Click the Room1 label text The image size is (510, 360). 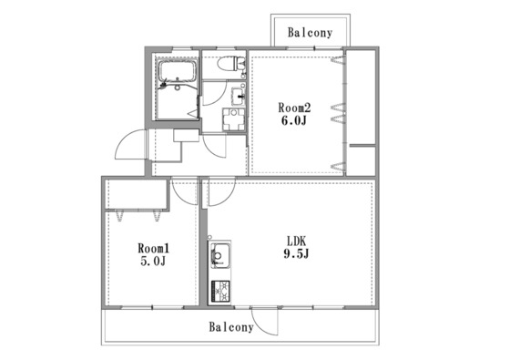click(x=154, y=249)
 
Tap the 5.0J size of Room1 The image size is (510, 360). click(x=153, y=261)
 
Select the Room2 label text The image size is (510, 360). click(x=294, y=108)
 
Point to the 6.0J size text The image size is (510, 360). click(x=293, y=120)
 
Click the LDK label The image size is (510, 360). click(x=296, y=241)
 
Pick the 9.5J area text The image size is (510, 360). click(x=296, y=253)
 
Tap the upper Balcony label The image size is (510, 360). click(x=310, y=33)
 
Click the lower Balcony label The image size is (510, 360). click(x=231, y=327)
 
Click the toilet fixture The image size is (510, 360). click(x=231, y=64)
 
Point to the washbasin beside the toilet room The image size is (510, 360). click(x=239, y=96)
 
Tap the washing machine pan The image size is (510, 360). click(x=233, y=119)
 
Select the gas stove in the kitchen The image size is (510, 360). click(x=220, y=291)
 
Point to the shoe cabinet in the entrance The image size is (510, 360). click(x=186, y=136)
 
